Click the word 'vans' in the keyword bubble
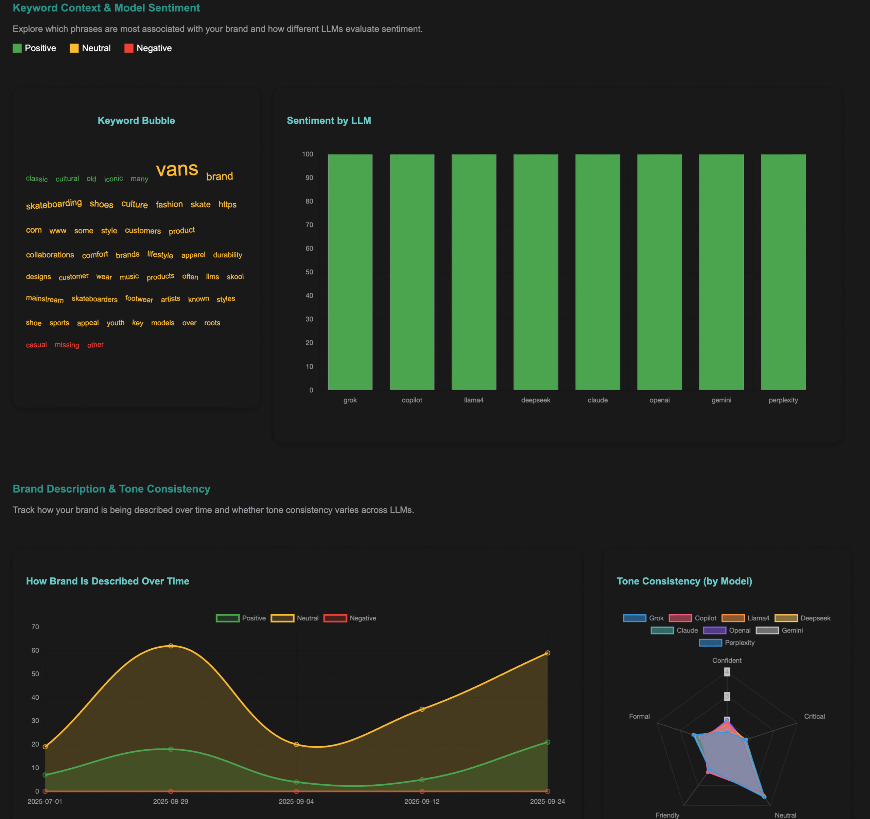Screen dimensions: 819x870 [x=177, y=169]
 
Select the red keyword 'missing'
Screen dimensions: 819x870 [x=67, y=345]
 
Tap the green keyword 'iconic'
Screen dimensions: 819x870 [x=114, y=178]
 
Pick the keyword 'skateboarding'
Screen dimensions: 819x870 [x=54, y=204]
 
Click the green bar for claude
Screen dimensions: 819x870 [x=597, y=271]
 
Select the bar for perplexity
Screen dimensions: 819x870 [x=783, y=271]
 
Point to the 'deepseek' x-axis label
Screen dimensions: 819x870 [x=536, y=400]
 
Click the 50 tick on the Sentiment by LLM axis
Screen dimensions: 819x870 [x=309, y=272]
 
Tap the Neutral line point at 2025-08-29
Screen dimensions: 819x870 [x=171, y=646]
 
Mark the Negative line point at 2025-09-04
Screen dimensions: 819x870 [x=296, y=791]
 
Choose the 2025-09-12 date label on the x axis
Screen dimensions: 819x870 [x=421, y=801]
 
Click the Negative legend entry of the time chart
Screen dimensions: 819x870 [x=350, y=618]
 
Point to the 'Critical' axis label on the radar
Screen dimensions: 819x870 [x=814, y=716]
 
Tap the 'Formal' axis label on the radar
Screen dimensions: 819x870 [x=639, y=716]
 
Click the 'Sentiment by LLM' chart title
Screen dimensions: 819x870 [x=329, y=120]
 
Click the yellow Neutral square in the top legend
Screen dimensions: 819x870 [x=74, y=48]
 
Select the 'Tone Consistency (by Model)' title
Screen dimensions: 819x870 [x=684, y=581]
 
